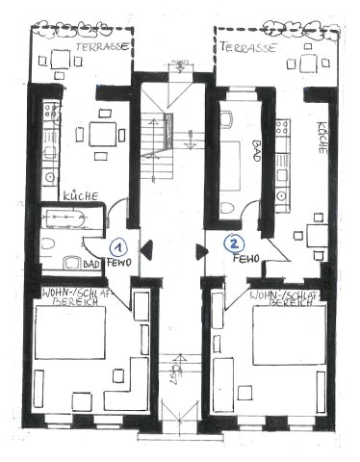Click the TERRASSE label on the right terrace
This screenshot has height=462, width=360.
click(249, 45)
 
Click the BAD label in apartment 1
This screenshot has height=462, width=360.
click(92, 262)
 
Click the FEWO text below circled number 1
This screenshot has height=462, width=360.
click(120, 261)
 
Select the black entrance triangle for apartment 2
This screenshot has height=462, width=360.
click(201, 252)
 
